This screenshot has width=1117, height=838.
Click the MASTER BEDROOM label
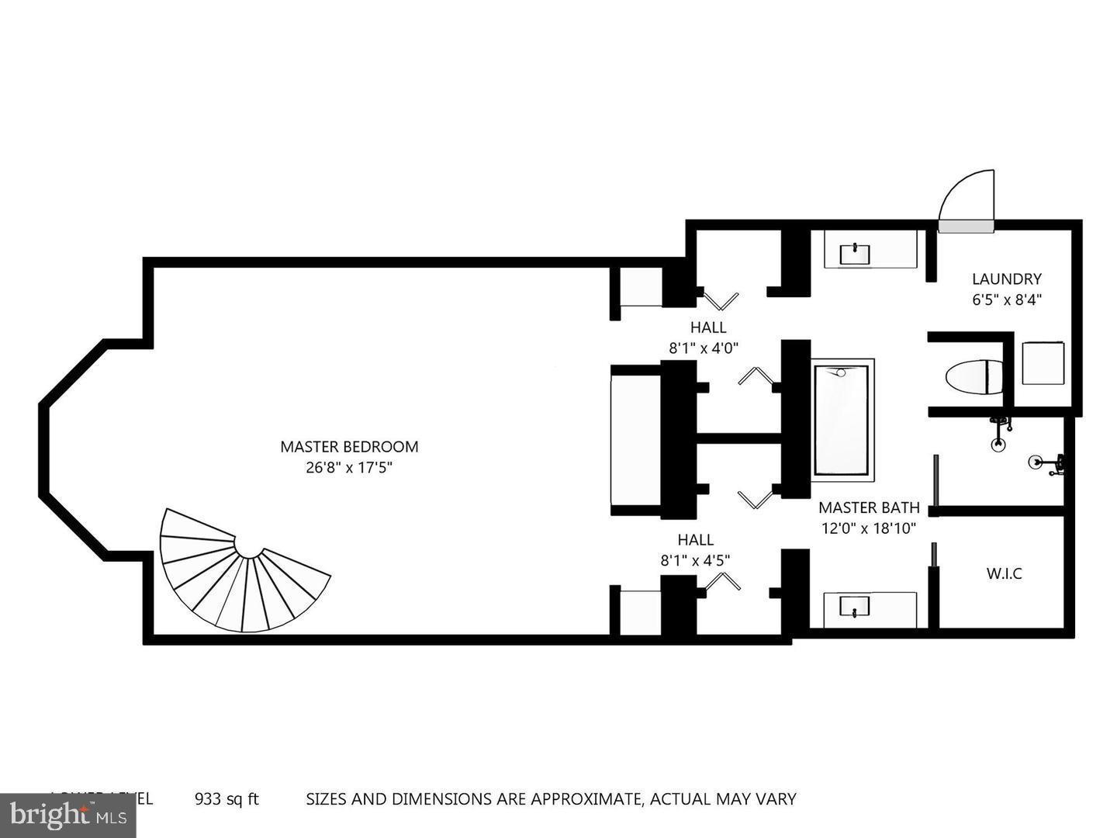click(349, 447)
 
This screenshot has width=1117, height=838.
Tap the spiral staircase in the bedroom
click(240, 574)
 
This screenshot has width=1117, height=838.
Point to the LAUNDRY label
click(1006, 279)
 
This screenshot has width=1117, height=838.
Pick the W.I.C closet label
click(1004, 574)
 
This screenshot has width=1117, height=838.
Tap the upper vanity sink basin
click(855, 253)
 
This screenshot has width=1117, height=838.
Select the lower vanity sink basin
click(855, 605)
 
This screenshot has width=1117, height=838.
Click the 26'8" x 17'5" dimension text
click(349, 467)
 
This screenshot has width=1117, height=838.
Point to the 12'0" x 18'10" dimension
click(869, 528)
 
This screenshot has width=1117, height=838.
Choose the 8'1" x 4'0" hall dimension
click(707, 348)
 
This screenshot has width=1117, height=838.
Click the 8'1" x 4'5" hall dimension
click(695, 559)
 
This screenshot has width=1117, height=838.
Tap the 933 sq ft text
click(226, 799)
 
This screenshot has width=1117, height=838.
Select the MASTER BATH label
click(869, 508)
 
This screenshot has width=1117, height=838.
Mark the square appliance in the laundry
click(1043, 363)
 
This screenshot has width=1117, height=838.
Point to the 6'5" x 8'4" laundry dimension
click(1006, 300)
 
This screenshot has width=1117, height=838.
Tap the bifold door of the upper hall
click(720, 298)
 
